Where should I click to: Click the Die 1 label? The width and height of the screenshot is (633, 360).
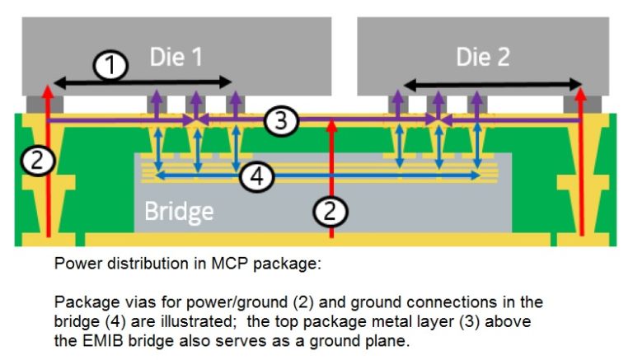pyautogui.click(x=176, y=56)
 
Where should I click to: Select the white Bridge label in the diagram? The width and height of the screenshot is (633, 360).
pyautogui.click(x=179, y=211)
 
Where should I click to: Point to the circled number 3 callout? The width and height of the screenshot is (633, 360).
pyautogui.click(x=281, y=121)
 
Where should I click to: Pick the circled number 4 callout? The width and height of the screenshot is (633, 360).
pyautogui.click(x=258, y=176)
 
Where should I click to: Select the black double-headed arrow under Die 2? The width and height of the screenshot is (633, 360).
pyautogui.click(x=492, y=82)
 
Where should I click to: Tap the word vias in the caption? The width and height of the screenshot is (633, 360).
pyautogui.click(x=130, y=302)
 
